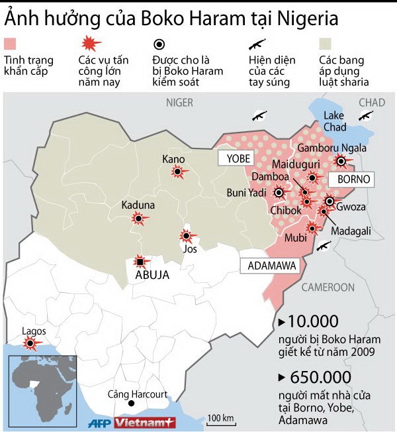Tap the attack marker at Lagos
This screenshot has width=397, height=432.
point(30,343)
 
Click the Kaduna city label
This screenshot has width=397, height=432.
point(138,205)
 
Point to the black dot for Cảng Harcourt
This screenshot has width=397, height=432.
point(131,404)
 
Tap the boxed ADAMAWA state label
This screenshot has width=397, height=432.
point(269,265)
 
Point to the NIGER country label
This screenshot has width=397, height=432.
point(179,102)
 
